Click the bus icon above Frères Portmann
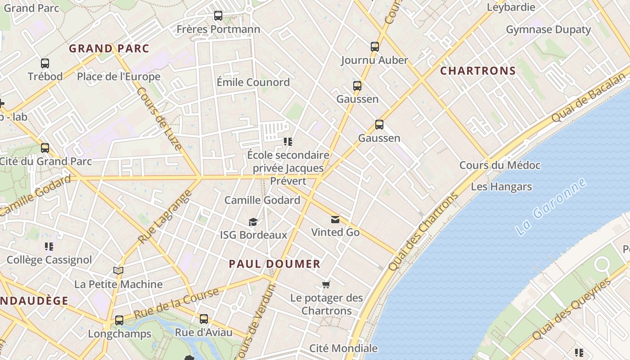click(x=218, y=16)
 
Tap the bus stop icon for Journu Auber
click(x=374, y=46)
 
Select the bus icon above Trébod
click(x=45, y=63)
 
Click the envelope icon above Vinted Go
click(x=335, y=220)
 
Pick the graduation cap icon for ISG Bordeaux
click(x=253, y=222)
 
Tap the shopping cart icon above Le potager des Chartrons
click(x=326, y=284)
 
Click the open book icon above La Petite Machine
click(x=118, y=271)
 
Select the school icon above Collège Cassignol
click(x=49, y=247)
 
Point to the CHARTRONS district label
click(x=478, y=71)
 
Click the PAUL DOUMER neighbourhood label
click(x=274, y=264)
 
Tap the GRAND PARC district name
click(x=109, y=49)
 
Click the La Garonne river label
click(x=551, y=207)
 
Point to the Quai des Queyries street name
click(x=571, y=309)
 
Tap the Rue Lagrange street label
click(x=165, y=217)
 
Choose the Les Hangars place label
click(x=501, y=187)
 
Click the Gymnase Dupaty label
click(x=548, y=30)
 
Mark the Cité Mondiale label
click(x=343, y=348)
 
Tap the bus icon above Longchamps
click(x=119, y=320)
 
